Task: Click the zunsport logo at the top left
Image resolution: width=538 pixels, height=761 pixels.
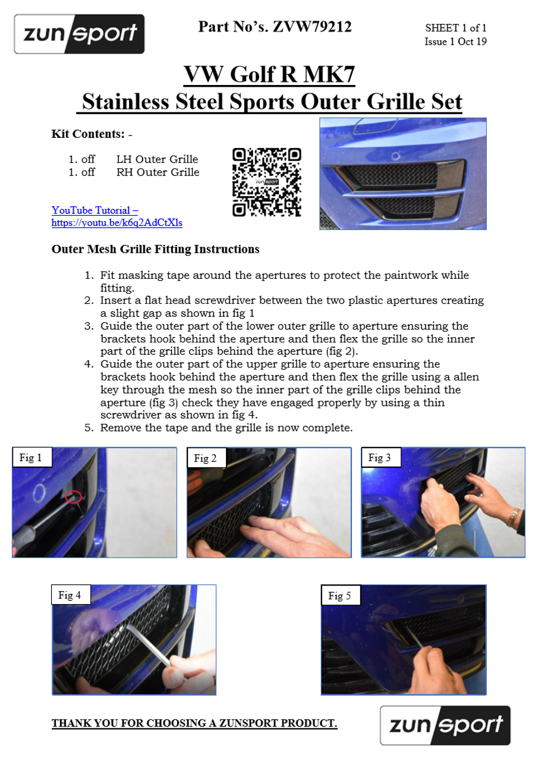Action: point(79,34)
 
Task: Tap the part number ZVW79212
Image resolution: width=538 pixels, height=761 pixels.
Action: point(312,27)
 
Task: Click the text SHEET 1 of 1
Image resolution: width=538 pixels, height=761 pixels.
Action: point(456,28)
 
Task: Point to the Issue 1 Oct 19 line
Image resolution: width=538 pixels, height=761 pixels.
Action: point(456,42)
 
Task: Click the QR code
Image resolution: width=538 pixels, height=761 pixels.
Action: point(267,182)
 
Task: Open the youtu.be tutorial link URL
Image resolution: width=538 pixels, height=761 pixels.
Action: point(117,222)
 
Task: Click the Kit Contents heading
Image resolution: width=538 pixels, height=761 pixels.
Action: point(92,134)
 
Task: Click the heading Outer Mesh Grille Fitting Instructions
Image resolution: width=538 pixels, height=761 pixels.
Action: point(155,249)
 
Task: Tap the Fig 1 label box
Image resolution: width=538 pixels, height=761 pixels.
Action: point(32,458)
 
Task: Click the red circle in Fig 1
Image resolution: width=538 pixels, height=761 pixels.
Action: point(73,496)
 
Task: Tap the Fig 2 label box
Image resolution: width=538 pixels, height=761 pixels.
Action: point(206,458)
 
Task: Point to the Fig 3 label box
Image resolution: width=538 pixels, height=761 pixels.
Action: point(380,458)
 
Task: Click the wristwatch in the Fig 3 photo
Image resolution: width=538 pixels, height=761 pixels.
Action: point(514,517)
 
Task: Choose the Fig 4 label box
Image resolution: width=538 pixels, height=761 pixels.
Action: point(71,595)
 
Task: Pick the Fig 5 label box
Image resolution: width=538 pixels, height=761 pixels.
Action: point(341,595)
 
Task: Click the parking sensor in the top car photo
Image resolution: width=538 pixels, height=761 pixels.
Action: point(396,156)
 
